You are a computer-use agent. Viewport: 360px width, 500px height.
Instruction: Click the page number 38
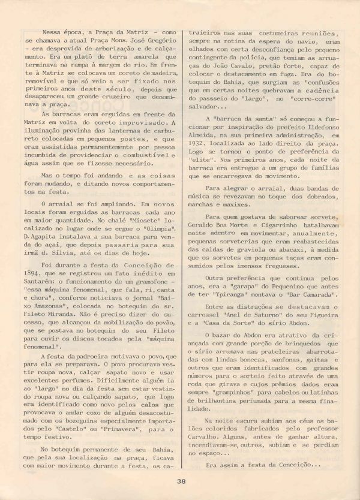[181, 480]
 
